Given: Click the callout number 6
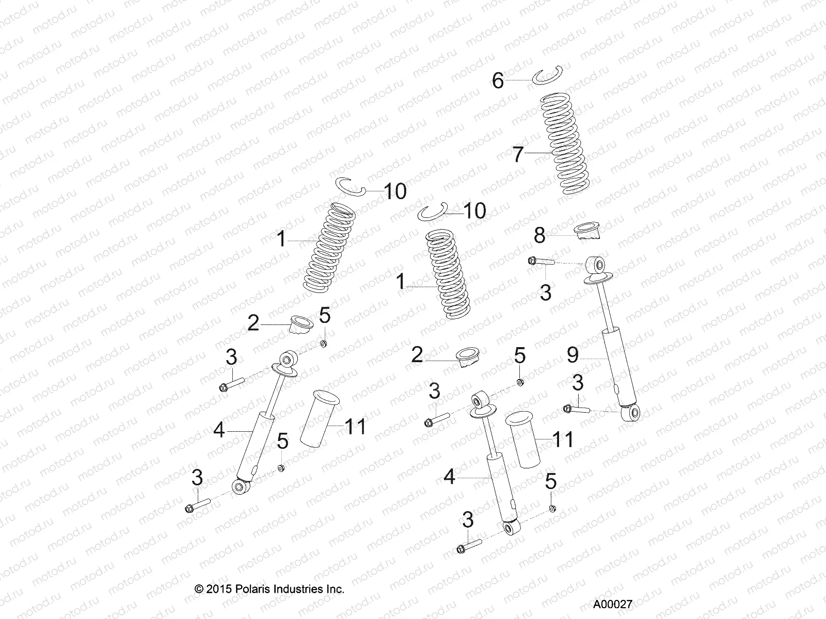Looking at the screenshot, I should pyautogui.click(x=497, y=81).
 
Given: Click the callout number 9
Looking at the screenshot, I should pyautogui.click(x=573, y=355).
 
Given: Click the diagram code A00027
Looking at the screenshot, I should pyautogui.click(x=612, y=605).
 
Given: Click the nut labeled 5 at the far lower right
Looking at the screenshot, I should pyautogui.click(x=552, y=509).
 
